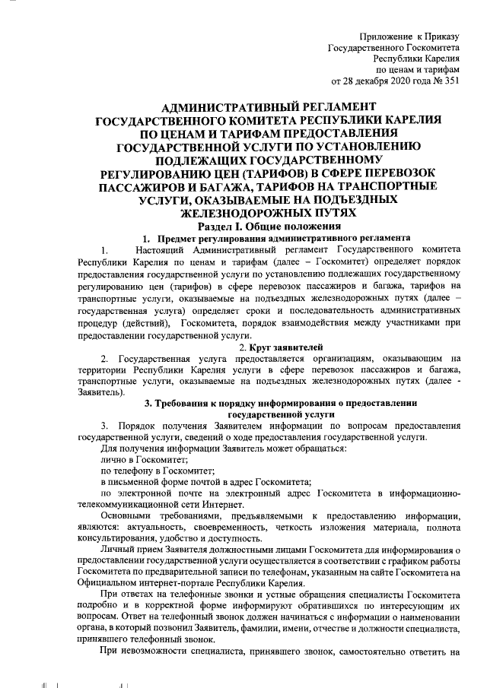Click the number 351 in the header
click(450, 81)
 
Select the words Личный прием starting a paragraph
click(129, 549)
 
